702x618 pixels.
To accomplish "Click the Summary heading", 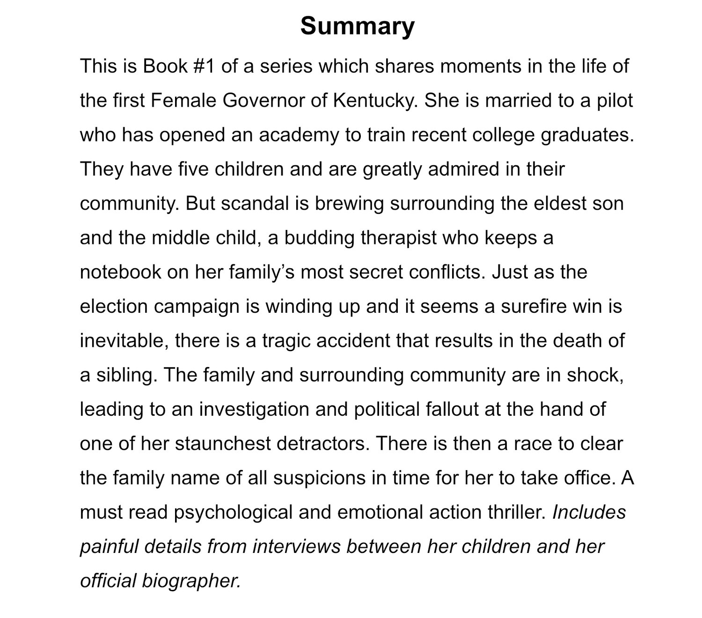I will pyautogui.click(x=358, y=26).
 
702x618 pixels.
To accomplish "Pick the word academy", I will pyautogui.click(x=299, y=135).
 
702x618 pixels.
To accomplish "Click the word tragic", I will pyautogui.click(x=286, y=341).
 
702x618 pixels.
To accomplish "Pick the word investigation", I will pyautogui.click(x=254, y=409).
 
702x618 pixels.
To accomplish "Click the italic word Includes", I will pyautogui.click(x=589, y=512).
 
